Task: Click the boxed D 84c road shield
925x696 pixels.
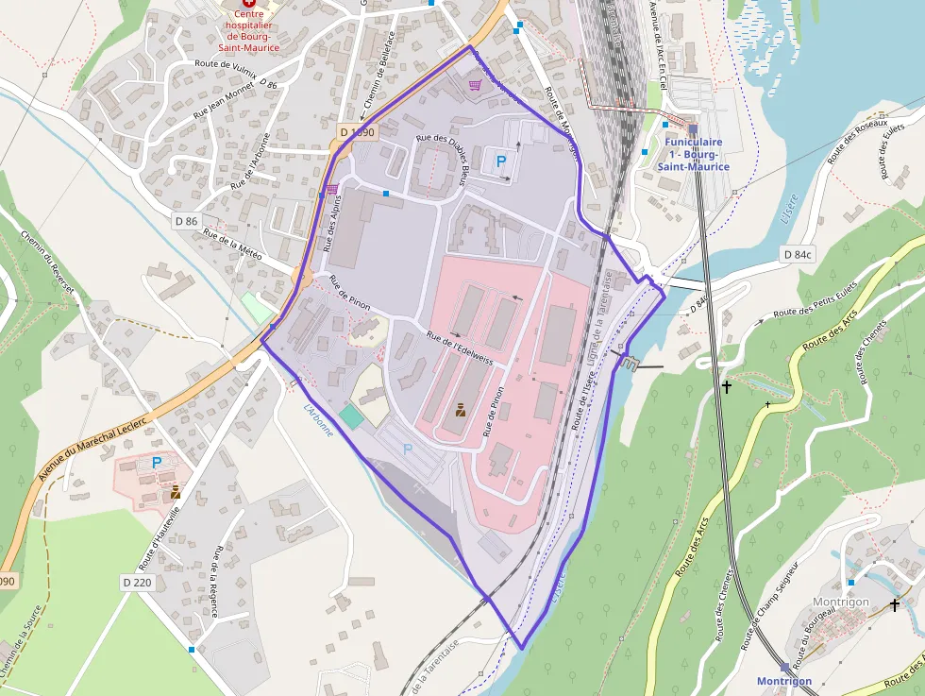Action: (798, 255)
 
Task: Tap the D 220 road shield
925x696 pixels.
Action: (137, 583)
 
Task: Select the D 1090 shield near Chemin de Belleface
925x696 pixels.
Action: (357, 133)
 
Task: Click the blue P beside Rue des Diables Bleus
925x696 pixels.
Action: (501, 161)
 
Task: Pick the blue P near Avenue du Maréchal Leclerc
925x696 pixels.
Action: (157, 463)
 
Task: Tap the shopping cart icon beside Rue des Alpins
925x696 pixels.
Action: (332, 189)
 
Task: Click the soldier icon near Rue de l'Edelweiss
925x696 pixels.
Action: (461, 410)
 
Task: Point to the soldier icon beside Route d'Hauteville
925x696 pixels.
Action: (176, 492)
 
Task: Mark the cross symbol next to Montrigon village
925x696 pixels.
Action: (894, 603)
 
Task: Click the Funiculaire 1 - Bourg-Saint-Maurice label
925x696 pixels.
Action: (694, 155)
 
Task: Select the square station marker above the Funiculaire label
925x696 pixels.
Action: (693, 129)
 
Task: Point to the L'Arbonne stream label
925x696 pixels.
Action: (320, 419)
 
